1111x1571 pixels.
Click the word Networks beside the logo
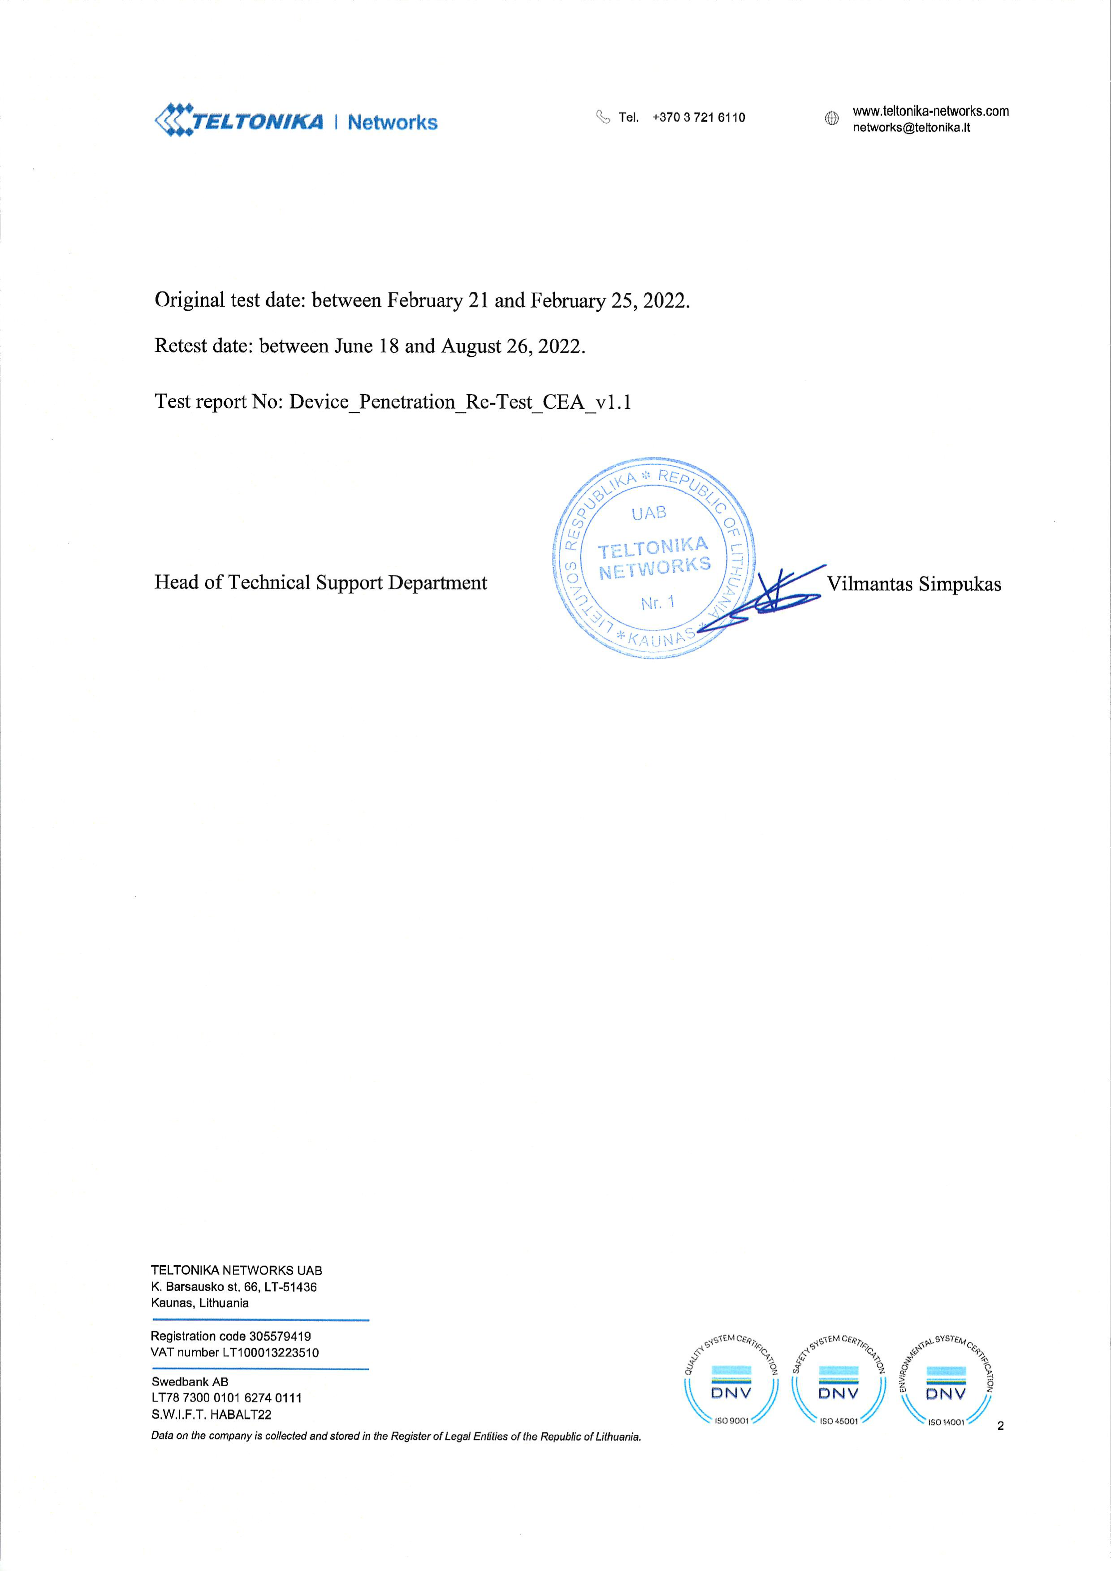click(x=392, y=122)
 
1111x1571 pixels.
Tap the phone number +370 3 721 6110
click(x=699, y=117)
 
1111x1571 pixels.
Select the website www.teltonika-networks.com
click(x=929, y=111)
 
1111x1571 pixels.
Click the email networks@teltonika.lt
click(x=911, y=128)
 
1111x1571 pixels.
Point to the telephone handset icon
click(x=603, y=117)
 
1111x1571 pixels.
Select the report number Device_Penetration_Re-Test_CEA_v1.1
click(x=460, y=402)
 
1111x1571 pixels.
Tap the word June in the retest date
click(x=352, y=346)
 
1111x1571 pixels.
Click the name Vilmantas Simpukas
click(x=914, y=584)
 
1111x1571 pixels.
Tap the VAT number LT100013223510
click(x=270, y=1353)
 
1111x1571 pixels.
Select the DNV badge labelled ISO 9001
click(x=731, y=1384)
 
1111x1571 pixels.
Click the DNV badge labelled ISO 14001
click(x=946, y=1384)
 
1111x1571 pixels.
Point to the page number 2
click(x=1001, y=1426)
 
